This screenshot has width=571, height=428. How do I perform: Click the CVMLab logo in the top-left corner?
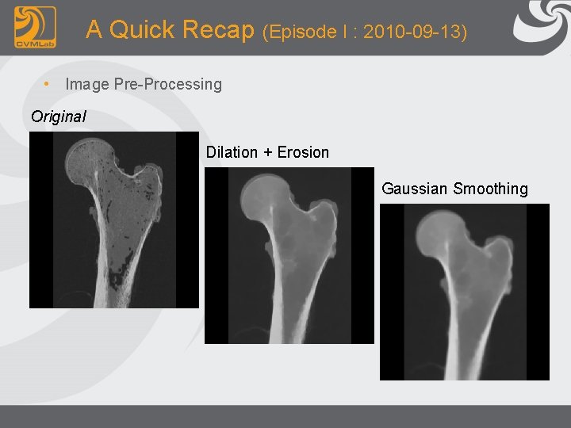click(x=35, y=27)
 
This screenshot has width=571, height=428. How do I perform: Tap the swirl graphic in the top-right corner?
click(x=542, y=24)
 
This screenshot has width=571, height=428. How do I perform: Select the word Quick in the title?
click(x=143, y=30)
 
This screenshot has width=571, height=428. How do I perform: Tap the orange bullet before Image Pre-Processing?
click(x=48, y=83)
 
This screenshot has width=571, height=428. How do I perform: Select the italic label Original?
click(x=59, y=117)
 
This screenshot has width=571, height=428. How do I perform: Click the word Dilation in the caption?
click(x=232, y=152)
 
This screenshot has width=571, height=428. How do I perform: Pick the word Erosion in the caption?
click(x=303, y=152)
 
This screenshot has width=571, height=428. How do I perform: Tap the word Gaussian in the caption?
click(x=415, y=189)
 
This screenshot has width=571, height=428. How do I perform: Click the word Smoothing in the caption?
click(x=490, y=189)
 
